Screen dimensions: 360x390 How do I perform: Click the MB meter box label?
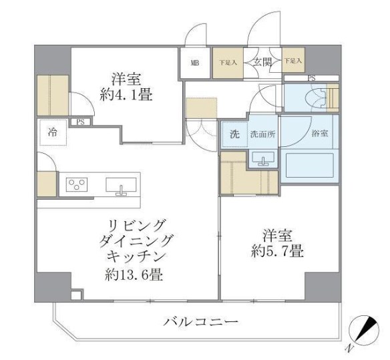click(x=195, y=63)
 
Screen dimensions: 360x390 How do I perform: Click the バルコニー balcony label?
click(x=200, y=323)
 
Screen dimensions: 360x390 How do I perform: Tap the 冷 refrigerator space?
click(x=52, y=132)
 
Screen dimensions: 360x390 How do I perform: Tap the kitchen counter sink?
click(x=121, y=184)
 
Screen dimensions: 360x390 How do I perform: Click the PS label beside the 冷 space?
click(x=80, y=122)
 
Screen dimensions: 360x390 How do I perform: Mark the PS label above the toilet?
click(x=311, y=77)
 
